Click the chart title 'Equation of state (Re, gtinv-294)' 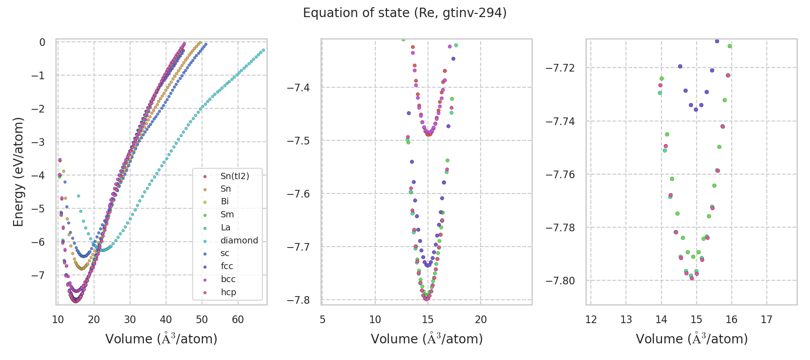pos(405,13)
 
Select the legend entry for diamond pos(239,240)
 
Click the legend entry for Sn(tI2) pos(234,176)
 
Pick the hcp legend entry pos(228,292)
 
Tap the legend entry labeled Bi pos(225,202)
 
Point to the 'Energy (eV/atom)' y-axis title pos(18,172)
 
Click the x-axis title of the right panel pos(692,339)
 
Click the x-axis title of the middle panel pos(427,339)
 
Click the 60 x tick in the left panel pos(238,319)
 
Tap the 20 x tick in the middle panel pos(481,319)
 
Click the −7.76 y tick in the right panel pos(560,174)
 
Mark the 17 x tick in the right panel pos(766,319)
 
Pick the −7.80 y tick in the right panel pos(560,280)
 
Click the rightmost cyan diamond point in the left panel pos(263,50)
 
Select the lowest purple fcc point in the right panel pos(696,109)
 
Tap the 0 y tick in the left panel pos(42,42)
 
